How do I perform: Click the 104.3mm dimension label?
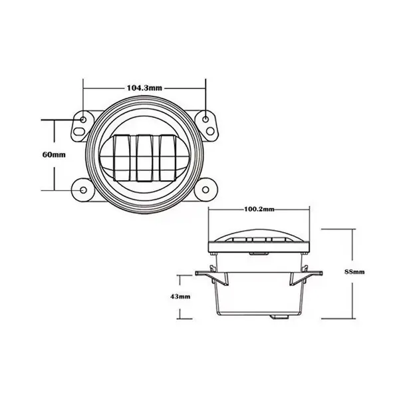point(144,88)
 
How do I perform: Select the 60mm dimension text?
point(54,154)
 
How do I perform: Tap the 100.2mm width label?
point(259,209)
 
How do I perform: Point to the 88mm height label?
point(354,272)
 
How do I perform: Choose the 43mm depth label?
point(180,297)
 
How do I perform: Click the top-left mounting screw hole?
point(83,119)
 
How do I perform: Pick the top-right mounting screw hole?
point(205,119)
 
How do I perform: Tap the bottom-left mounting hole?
point(83,190)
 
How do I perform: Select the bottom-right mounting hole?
point(205,190)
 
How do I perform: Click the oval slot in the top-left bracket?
point(79,132)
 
